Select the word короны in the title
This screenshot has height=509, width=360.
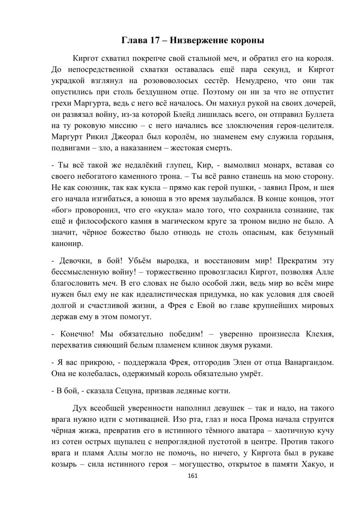(248, 40)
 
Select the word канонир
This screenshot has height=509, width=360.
(67, 244)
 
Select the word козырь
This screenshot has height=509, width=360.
(63, 464)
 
